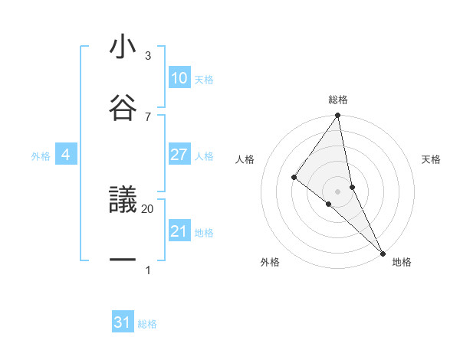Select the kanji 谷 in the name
(123, 106)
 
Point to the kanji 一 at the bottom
(123, 260)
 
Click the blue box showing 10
(179, 78)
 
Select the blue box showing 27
(179, 155)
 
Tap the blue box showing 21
(179, 231)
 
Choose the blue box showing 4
(65, 155)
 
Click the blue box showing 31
(123, 322)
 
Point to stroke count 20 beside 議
(148, 208)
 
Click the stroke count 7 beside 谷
(148, 116)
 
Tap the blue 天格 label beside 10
(204, 80)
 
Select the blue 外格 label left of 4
(41, 156)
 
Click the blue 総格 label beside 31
(147, 324)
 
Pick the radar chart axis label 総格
(338, 100)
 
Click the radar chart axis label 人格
(245, 159)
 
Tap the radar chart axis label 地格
(402, 262)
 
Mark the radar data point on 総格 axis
(338, 116)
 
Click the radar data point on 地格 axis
(382, 251)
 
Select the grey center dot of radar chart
(338, 191)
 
